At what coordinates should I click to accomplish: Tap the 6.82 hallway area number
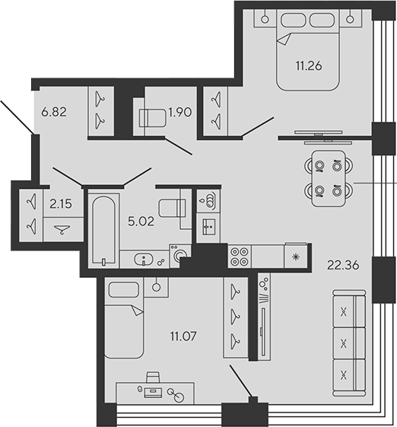click(52, 112)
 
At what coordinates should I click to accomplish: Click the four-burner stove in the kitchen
click(240, 256)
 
